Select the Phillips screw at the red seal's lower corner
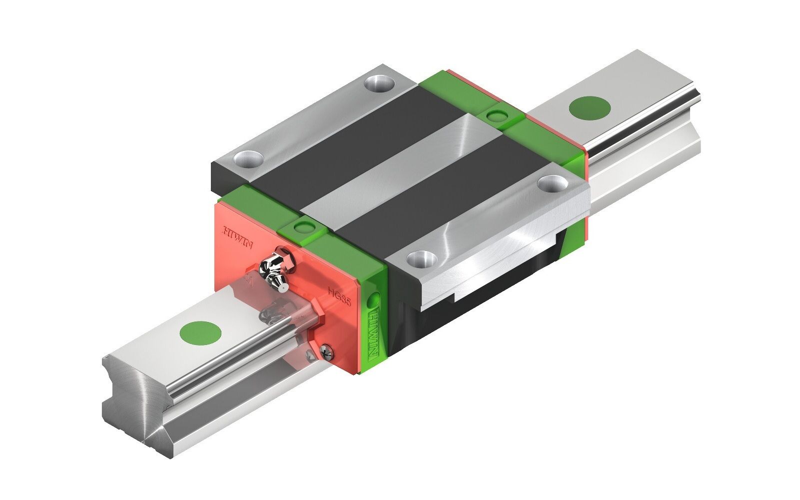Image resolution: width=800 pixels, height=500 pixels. pos(327,353)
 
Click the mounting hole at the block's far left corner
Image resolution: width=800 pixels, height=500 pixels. pos(379,82)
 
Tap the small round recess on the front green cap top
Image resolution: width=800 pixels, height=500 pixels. pos(303,228)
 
